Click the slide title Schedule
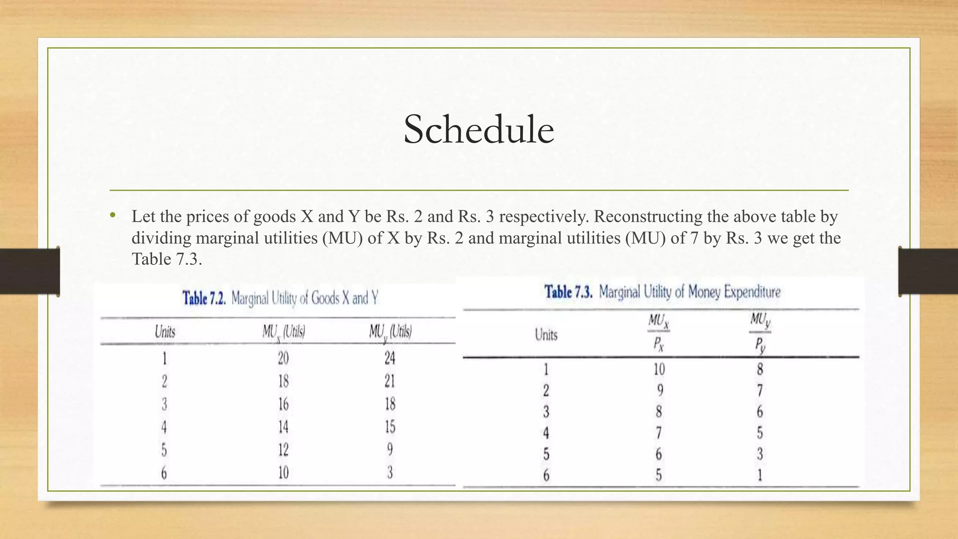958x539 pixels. (479, 129)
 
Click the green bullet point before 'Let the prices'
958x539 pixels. (112, 216)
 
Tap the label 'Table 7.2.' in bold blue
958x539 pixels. (204, 298)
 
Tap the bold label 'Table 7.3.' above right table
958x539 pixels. (568, 292)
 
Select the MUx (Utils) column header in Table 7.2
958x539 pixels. (283, 332)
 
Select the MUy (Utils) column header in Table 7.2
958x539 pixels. (390, 332)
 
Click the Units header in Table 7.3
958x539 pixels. (546, 335)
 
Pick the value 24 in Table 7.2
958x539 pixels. (390, 358)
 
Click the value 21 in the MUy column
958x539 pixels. (390, 381)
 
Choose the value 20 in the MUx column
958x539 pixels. (283, 358)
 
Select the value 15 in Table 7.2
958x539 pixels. (390, 427)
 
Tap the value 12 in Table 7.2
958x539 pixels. (283, 450)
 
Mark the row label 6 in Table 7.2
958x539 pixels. (164, 473)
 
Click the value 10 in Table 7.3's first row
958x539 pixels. (659, 370)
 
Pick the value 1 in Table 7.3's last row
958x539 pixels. (760, 475)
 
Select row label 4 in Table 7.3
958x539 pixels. (546, 433)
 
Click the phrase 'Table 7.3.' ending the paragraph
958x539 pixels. (167, 259)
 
